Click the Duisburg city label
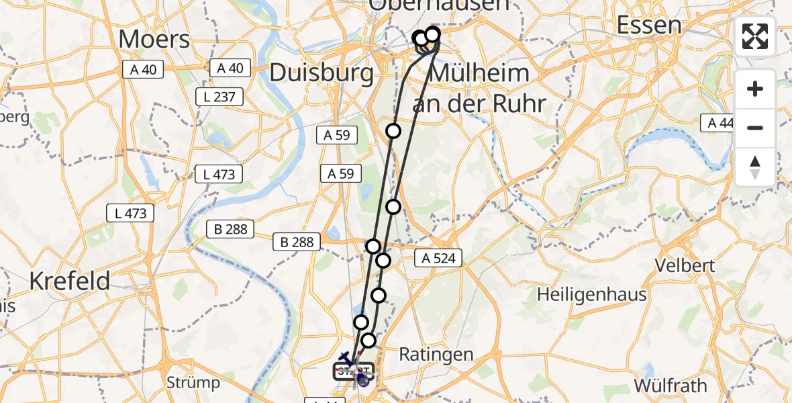point(321,73)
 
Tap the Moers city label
point(154,39)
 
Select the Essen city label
point(648,26)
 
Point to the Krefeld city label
point(69,281)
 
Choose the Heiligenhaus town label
point(592,294)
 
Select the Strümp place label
point(193,383)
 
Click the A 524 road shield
point(438,257)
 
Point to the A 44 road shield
point(717,123)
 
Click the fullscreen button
point(755,36)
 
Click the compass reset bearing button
point(755,167)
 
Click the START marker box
point(354,371)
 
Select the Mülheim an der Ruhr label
point(479,88)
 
